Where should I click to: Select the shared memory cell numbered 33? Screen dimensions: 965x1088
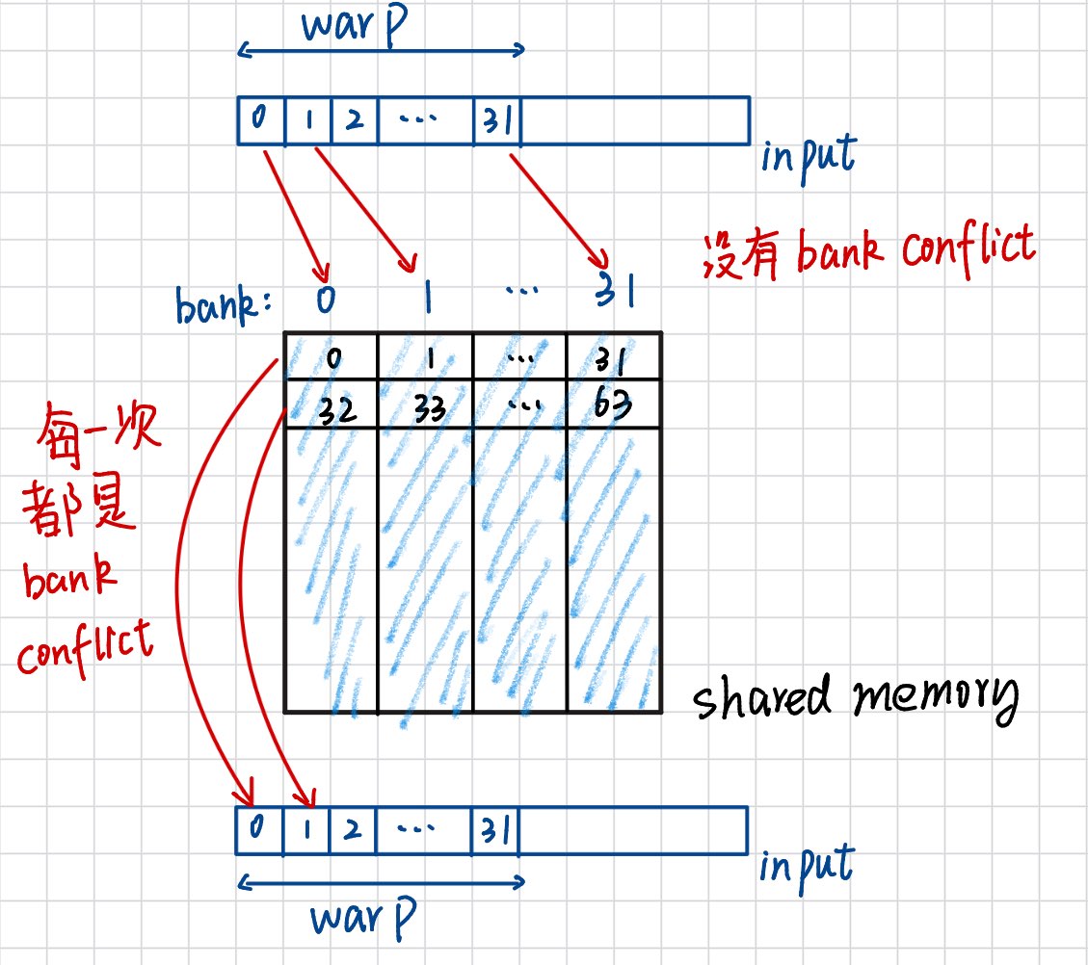coord(423,405)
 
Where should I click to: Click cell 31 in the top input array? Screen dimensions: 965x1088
coord(496,120)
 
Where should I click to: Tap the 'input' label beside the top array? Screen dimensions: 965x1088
coord(808,156)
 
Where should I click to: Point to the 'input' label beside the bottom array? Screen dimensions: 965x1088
coord(806,864)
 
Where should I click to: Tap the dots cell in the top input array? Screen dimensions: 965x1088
coord(426,120)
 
